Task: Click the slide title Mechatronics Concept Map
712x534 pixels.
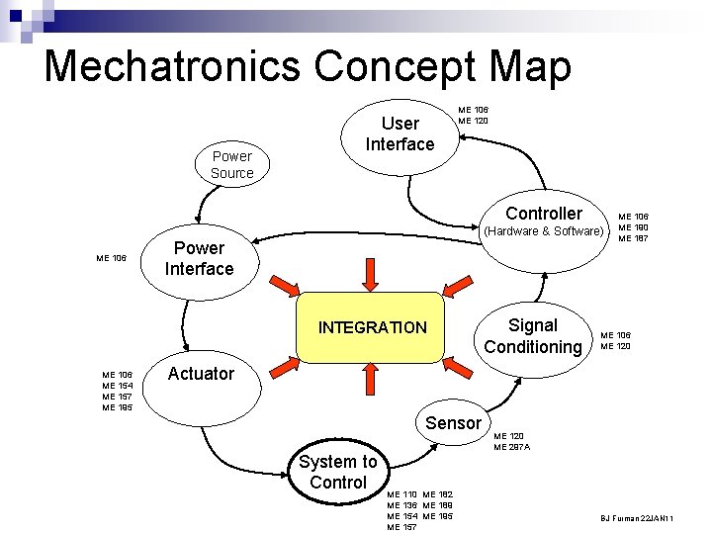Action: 308,66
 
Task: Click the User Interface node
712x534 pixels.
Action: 400,133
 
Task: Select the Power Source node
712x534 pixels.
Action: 231,164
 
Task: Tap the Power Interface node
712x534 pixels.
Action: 199,258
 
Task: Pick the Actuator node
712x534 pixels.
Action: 201,374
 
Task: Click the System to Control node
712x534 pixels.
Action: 337,472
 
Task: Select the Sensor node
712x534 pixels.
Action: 452,423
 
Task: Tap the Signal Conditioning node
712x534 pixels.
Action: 532,336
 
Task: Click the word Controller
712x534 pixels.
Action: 544,214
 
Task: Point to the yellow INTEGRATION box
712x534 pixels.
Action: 372,327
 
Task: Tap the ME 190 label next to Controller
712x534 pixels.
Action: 633,227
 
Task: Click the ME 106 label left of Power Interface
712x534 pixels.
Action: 111,258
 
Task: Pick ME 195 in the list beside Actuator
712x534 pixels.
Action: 117,407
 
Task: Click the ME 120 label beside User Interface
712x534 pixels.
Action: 473,121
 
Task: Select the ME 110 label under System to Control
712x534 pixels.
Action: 401,493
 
